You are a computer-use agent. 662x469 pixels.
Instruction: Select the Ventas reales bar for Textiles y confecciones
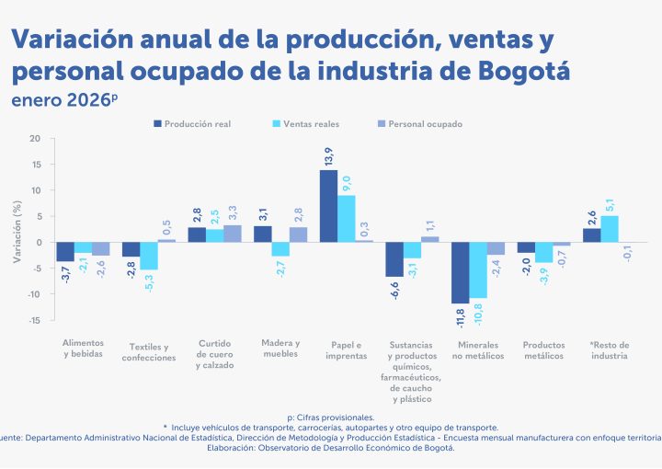(149, 256)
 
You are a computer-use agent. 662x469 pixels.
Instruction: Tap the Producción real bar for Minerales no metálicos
(460, 272)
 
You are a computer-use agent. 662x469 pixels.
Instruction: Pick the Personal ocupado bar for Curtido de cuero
(232, 234)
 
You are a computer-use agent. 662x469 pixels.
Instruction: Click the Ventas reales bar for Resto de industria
(610, 229)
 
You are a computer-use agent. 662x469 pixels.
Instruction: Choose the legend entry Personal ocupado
(425, 123)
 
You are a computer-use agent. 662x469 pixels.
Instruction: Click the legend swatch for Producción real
(157, 123)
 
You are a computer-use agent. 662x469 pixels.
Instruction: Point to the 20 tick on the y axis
(35, 139)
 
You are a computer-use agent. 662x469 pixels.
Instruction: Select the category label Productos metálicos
(542, 350)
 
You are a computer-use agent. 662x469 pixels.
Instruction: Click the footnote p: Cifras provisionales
(331, 418)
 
